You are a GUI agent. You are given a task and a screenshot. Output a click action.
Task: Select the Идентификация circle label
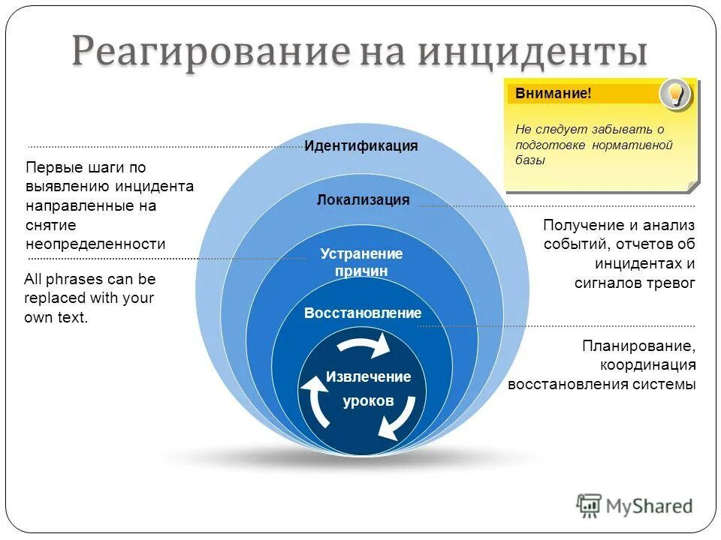[360, 146]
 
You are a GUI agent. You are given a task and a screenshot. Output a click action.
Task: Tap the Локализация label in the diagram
[363, 199]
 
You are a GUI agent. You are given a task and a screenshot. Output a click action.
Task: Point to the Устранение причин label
[361, 262]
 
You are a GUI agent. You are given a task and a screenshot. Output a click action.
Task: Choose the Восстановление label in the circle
[363, 313]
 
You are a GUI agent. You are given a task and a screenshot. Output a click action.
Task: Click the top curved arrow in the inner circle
[364, 345]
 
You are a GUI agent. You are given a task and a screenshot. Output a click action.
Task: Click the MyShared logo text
[650, 506]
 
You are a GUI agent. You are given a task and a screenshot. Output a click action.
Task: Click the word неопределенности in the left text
[95, 244]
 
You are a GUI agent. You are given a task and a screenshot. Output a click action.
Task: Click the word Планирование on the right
[638, 346]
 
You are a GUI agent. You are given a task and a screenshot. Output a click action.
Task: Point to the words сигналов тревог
[635, 283]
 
